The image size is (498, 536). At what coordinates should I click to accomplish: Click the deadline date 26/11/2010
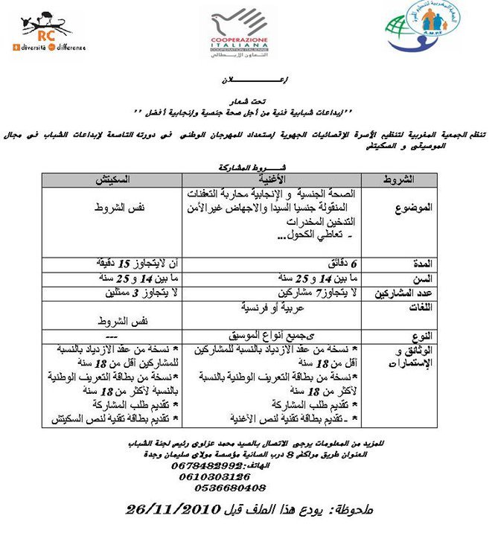click(173, 510)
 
